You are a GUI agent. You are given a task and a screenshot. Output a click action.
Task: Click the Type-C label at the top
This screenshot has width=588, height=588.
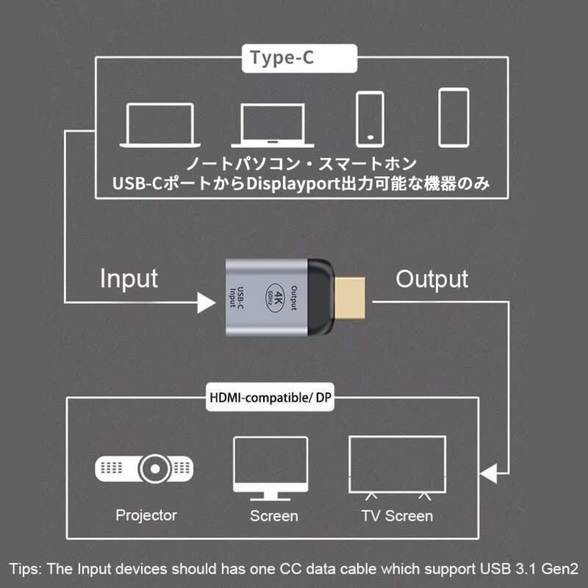282,58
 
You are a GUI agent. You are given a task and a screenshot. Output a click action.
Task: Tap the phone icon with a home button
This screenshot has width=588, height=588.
370,119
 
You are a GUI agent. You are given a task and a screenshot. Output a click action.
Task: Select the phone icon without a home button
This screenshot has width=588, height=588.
453,118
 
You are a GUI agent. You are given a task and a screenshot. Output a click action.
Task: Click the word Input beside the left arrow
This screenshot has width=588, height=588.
129,279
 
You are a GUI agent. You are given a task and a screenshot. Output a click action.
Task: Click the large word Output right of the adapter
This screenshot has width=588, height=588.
432,279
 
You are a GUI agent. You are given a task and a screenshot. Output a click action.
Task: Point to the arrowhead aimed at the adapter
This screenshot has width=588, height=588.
206,302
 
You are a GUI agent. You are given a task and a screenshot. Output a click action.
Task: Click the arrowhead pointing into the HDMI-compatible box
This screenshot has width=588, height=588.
489,473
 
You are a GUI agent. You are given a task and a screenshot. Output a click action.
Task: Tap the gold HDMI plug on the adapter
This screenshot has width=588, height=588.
350,298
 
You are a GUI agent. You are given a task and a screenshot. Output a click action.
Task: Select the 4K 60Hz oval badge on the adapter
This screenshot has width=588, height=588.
276,297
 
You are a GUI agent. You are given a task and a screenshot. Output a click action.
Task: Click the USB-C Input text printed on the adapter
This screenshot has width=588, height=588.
237,297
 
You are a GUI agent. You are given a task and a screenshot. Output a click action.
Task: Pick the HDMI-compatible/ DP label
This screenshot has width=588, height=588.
270,397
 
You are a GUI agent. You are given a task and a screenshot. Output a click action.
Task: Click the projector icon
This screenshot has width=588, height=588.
144,469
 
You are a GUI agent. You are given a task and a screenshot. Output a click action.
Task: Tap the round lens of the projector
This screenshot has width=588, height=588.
155,469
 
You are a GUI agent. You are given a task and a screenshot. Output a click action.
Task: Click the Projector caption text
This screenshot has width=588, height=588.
146,515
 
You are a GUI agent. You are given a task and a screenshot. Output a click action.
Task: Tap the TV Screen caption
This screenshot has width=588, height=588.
397,516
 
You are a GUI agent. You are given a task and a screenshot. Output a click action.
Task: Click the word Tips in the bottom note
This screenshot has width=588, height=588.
25,569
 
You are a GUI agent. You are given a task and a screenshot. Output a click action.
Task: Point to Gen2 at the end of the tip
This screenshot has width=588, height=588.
560,569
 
